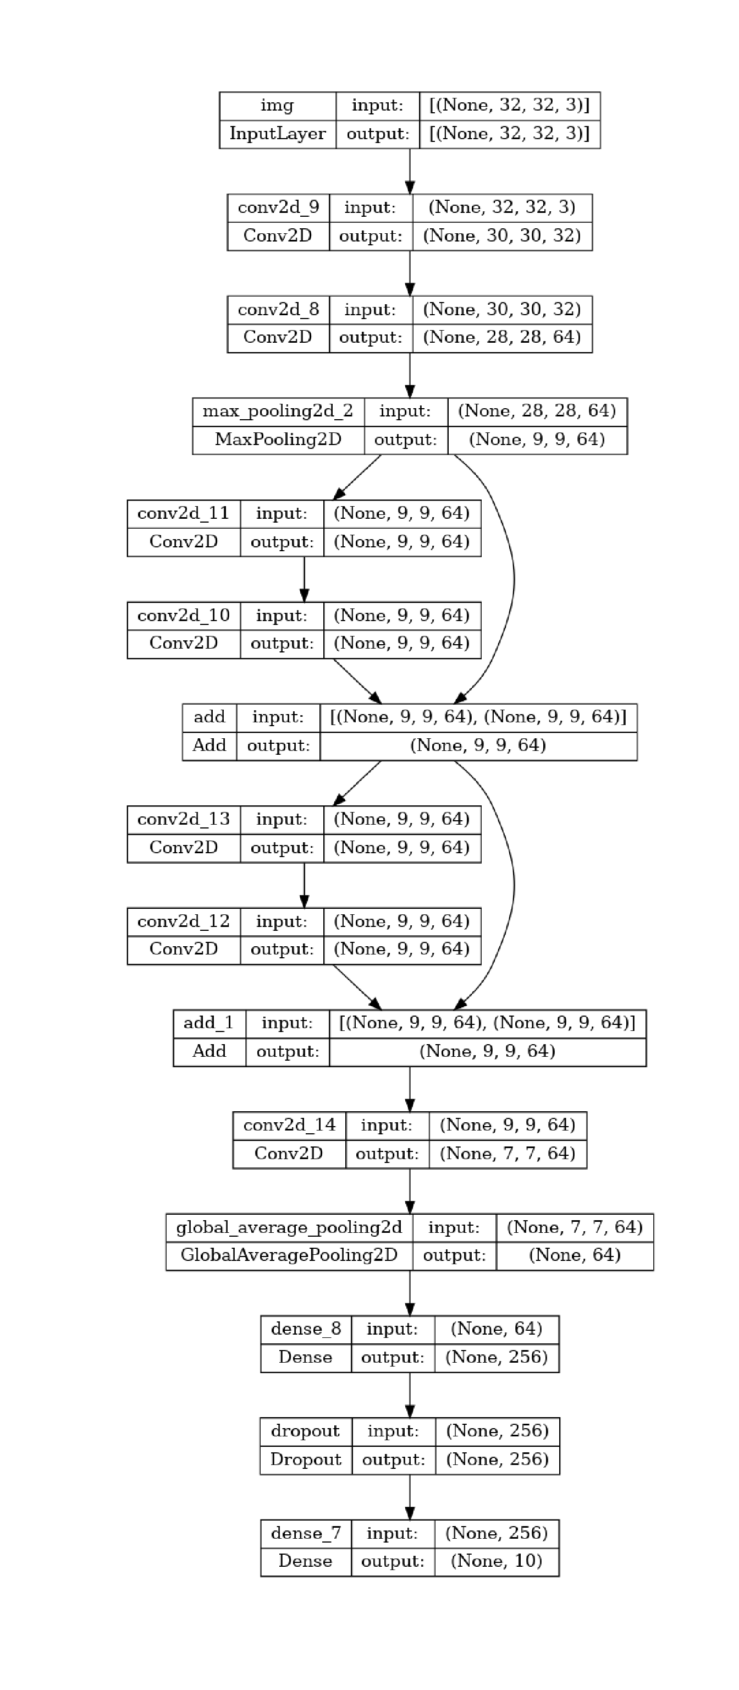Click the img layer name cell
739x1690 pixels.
click(x=277, y=106)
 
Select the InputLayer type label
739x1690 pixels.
click(x=277, y=134)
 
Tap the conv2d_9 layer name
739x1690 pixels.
click(x=278, y=207)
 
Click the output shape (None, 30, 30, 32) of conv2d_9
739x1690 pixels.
click(x=501, y=235)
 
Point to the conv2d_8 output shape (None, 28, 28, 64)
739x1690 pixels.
click(x=501, y=337)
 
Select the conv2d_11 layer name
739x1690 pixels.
click(x=183, y=513)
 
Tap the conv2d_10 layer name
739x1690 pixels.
click(x=183, y=616)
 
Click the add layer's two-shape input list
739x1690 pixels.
click(x=478, y=717)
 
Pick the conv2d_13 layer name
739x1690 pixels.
click(x=183, y=819)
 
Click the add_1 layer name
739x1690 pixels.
click(x=208, y=1023)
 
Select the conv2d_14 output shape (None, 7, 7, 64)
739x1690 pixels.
click(x=507, y=1153)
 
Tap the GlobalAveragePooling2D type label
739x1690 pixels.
click(x=289, y=1255)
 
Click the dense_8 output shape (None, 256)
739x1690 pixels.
click(x=496, y=1357)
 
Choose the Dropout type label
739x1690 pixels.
click(x=305, y=1459)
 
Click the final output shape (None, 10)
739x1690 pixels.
click(x=496, y=1561)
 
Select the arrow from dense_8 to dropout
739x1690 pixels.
click(x=410, y=1395)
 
